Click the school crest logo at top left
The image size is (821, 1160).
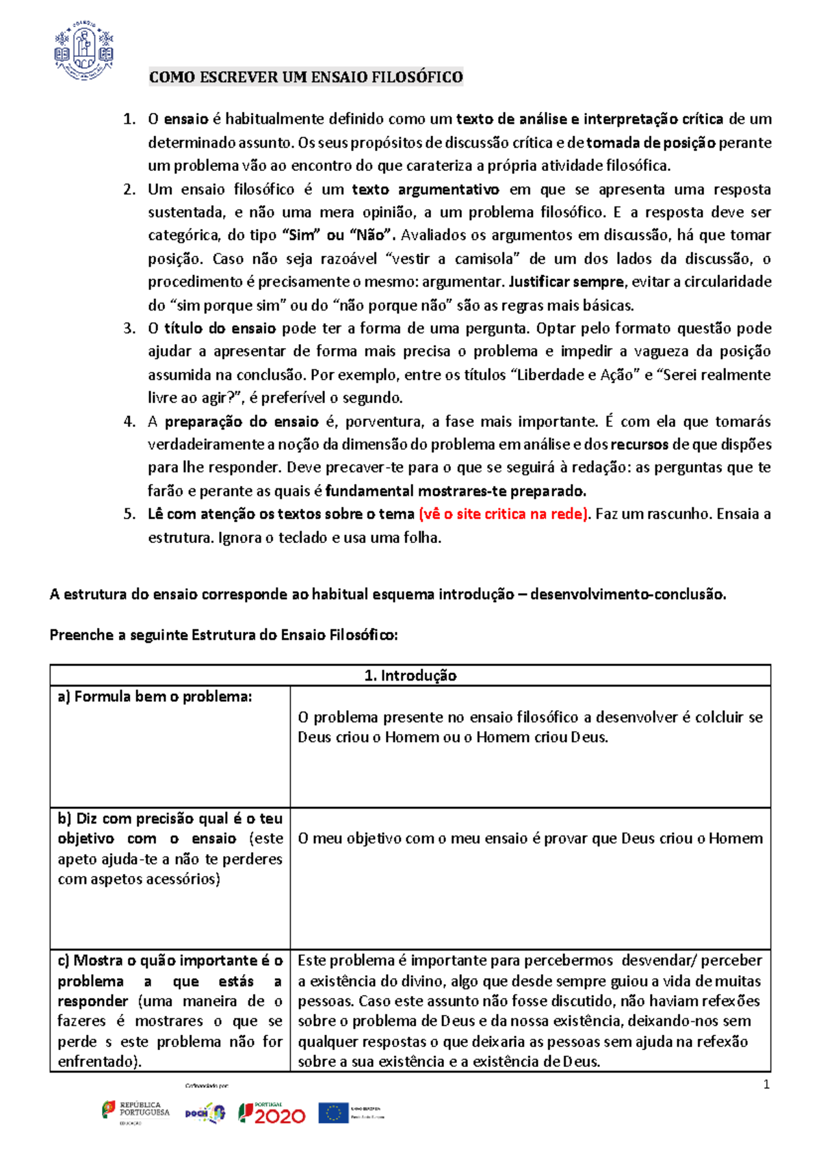pyautogui.click(x=84, y=49)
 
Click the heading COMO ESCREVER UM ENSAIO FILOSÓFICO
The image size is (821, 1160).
pyautogui.click(x=306, y=77)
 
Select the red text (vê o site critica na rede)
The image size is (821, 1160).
pyautogui.click(x=504, y=514)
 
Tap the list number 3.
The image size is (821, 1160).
pyautogui.click(x=129, y=328)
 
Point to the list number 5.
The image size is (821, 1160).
pyautogui.click(x=129, y=514)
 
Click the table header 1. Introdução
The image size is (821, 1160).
pyautogui.click(x=410, y=676)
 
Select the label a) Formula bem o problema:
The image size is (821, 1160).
pyautogui.click(x=155, y=697)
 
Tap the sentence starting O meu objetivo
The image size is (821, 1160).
pyautogui.click(x=530, y=839)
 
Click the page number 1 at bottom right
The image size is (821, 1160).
pyautogui.click(x=766, y=1085)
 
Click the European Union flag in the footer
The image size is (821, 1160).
pyautogui.click(x=333, y=1113)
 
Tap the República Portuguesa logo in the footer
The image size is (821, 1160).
pyautogui.click(x=136, y=1111)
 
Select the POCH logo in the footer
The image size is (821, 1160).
pyautogui.click(x=205, y=1113)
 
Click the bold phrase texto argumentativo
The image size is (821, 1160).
pyautogui.click(x=425, y=189)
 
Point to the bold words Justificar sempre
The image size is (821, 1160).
pyautogui.click(x=566, y=282)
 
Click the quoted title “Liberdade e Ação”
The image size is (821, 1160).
pyautogui.click(x=575, y=375)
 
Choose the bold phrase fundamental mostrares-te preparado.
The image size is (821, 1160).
pyautogui.click(x=456, y=491)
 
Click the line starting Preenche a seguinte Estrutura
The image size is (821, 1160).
pyautogui.click(x=223, y=635)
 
